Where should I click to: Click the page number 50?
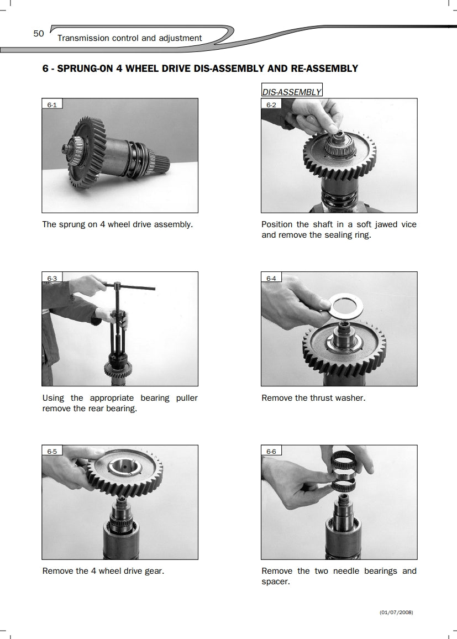click(x=39, y=33)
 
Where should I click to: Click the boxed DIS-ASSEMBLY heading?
click(x=292, y=92)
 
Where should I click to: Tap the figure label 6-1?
click(x=52, y=104)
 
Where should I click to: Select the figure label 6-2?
click(x=271, y=104)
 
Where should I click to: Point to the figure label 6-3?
click(x=52, y=279)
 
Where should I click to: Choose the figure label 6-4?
click(x=271, y=279)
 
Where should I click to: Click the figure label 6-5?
click(x=52, y=452)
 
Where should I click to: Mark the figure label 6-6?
click(x=271, y=452)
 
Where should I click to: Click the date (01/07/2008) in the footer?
click(x=396, y=612)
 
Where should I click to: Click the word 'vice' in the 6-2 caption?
click(x=409, y=224)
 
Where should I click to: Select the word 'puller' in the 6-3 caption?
click(x=187, y=398)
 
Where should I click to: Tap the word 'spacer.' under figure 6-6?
click(x=276, y=582)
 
